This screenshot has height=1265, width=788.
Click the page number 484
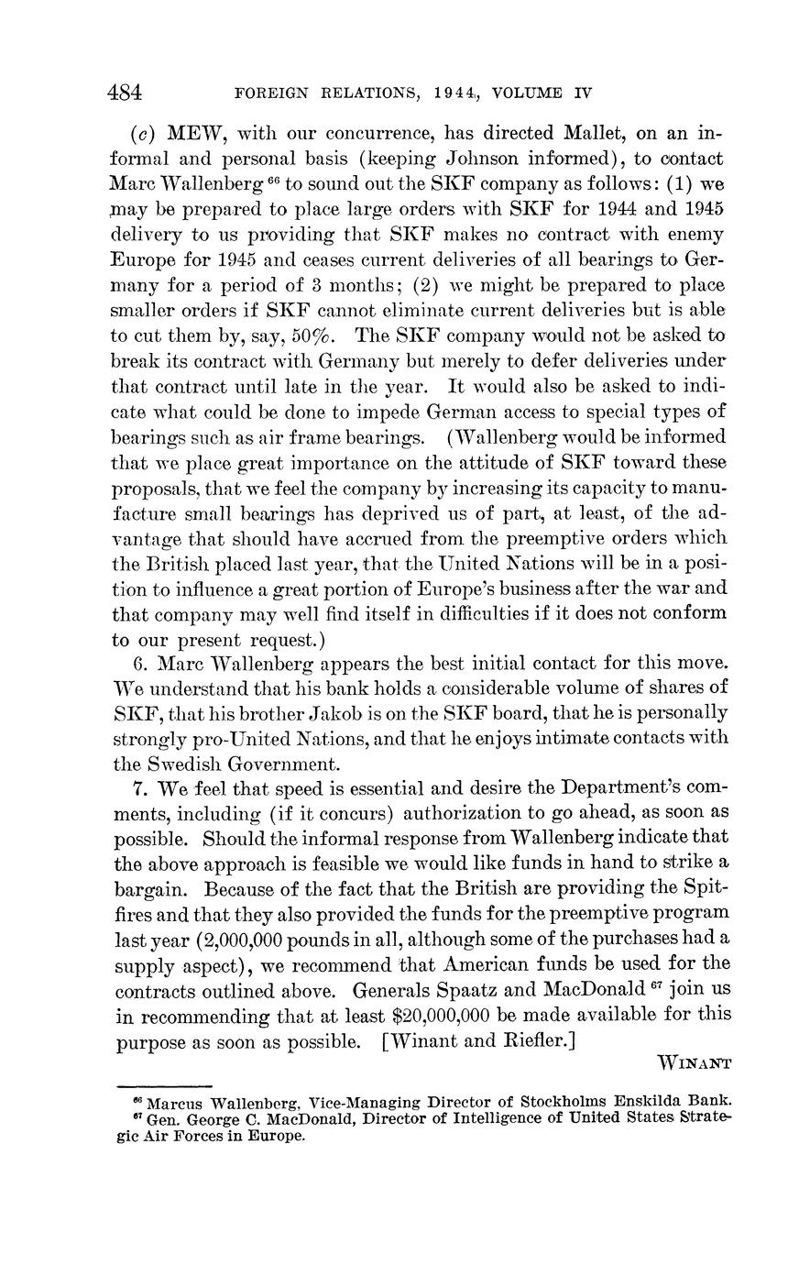(126, 93)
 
